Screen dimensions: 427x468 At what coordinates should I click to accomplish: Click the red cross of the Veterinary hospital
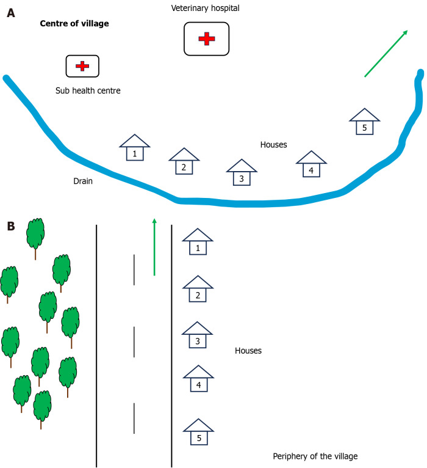207,38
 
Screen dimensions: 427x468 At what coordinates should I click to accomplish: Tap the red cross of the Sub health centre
82,65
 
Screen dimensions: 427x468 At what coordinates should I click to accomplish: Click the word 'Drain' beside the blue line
83,181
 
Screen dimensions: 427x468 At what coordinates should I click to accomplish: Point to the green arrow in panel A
386,54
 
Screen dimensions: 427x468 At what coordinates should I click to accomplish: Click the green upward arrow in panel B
154,247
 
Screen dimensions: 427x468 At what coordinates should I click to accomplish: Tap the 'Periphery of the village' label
315,456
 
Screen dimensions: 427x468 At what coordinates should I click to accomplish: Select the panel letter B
11,225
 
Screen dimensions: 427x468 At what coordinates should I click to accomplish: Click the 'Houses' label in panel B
248,351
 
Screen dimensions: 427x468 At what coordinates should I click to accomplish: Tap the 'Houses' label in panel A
273,145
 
